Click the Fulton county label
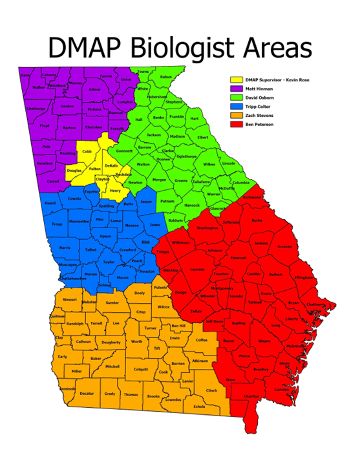94,168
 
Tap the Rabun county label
166,77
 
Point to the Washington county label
207,228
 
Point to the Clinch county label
211,390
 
